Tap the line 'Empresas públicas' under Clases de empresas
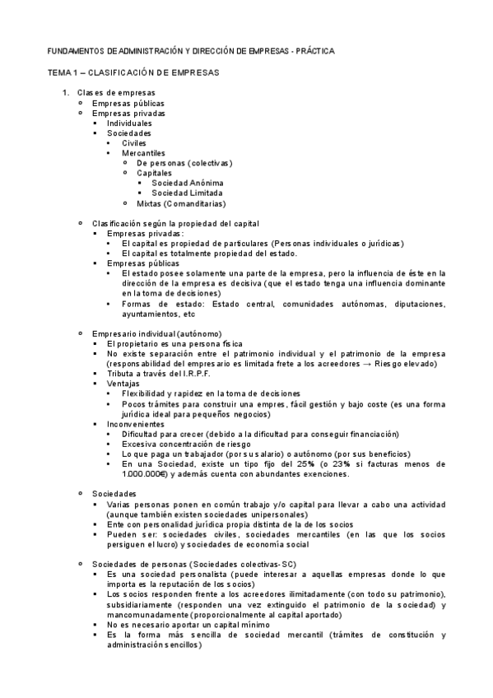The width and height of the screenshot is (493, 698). coord(128,103)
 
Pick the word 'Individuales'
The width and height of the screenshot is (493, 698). coord(129,123)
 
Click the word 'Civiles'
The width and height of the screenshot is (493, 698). coord(134,142)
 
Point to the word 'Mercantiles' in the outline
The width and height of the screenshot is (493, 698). coord(143,152)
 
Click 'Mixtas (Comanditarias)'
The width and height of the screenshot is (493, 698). coord(181,202)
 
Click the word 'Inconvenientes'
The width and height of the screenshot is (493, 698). coord(136,423)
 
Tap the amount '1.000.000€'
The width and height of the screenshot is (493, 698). coord(144,473)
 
